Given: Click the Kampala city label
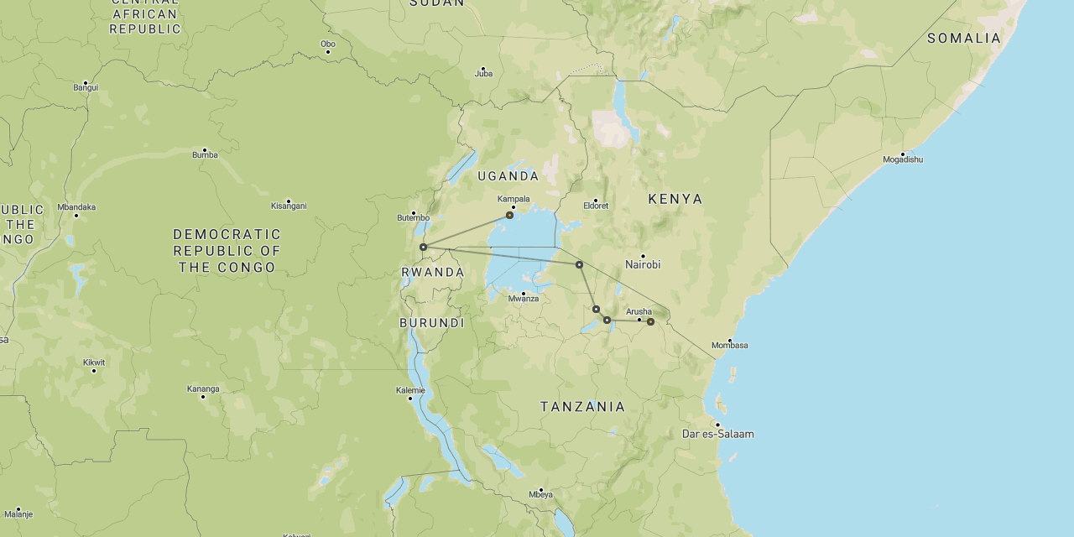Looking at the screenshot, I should point(514,199).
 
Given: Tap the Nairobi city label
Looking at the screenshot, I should point(643,264).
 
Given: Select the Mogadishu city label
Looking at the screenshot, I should point(903,159).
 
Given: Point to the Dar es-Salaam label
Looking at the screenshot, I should point(717,434).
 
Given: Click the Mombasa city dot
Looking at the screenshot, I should point(730,340).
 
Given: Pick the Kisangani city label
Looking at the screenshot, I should point(289,206).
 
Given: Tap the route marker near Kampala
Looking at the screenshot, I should point(509,216).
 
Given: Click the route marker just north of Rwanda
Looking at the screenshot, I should point(424,247).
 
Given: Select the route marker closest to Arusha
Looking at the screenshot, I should point(650,321).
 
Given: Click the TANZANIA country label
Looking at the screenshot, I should point(582,407).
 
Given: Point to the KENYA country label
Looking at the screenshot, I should point(675,199).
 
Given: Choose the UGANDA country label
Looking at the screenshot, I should point(508,176).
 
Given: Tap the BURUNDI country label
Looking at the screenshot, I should point(431,323).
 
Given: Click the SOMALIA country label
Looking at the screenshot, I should point(964,39).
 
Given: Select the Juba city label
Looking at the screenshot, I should point(483,74).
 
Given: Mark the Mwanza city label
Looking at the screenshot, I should point(524,299).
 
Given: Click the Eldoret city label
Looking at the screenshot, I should point(596,206).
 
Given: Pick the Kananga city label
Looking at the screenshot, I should point(203,388).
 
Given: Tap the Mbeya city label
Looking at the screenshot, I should point(541,494).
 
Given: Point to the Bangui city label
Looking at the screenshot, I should point(86,87).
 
